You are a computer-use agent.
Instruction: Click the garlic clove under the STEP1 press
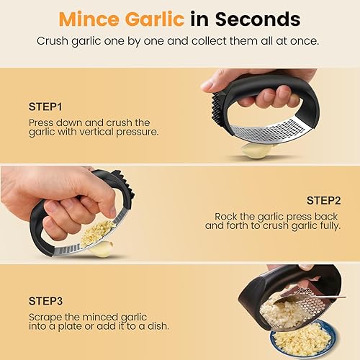pos(256,150)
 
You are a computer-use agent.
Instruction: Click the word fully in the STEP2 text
pos(328,225)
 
